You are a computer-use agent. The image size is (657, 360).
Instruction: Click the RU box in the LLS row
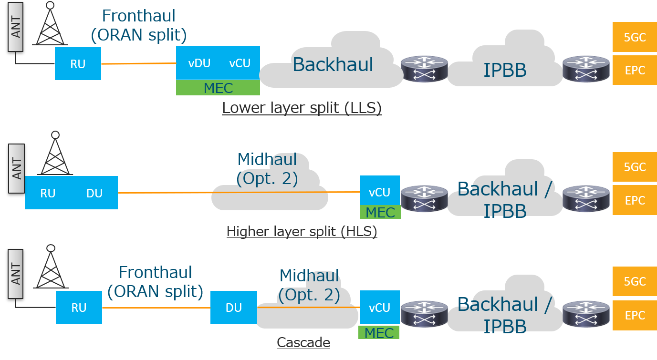point(78,63)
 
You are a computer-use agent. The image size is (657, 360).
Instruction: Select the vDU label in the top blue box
point(199,63)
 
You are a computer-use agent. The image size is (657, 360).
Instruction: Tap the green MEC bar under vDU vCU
point(218,88)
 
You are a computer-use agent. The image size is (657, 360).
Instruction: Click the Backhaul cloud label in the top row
point(333,64)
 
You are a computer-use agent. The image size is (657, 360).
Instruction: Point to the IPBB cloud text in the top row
point(505,70)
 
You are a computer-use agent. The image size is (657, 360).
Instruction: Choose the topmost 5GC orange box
point(635,37)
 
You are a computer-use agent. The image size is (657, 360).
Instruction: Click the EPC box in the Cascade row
point(635,315)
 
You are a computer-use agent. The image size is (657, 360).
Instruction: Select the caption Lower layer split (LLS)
point(302,108)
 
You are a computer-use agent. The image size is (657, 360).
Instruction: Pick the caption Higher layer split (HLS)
point(302,232)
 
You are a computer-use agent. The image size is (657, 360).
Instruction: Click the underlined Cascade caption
point(303,342)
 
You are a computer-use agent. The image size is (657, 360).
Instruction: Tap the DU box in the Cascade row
point(234,308)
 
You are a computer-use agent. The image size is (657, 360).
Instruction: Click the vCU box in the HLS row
point(380,192)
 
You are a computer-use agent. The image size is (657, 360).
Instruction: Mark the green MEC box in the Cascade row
point(379,332)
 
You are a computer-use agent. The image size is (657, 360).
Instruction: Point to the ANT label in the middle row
point(17,169)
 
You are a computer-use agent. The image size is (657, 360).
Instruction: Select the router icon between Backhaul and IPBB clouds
point(424,69)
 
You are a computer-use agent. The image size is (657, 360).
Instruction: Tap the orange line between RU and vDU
point(138,63)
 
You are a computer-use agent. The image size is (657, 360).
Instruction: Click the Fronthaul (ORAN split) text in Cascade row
point(156,282)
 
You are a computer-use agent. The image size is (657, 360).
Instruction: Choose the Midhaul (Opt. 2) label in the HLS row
point(267,169)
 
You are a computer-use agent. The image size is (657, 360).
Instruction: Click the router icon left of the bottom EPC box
point(586,314)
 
